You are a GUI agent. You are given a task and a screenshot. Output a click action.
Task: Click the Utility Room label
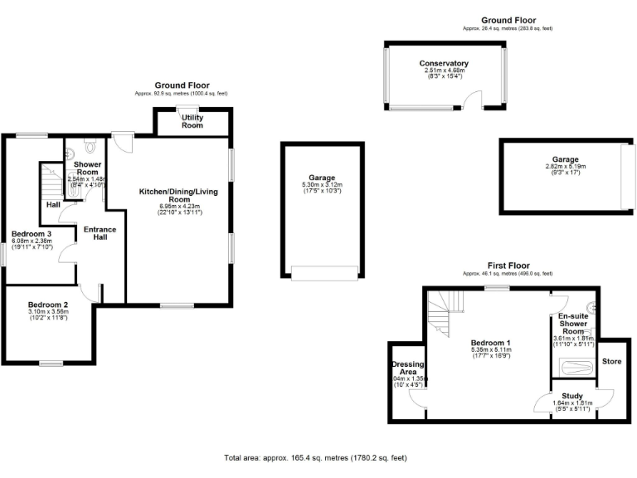pos(192,122)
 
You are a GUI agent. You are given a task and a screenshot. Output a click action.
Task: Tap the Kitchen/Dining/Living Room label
pos(177,196)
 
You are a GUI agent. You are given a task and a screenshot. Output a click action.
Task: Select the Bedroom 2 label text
pos(47,305)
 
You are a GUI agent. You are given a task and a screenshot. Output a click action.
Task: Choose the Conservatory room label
pos(444,64)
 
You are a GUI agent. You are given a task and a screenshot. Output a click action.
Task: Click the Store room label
pos(611,362)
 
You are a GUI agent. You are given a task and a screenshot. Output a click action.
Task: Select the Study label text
pos(572,397)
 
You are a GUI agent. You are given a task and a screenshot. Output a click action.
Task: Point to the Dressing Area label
pos(407,368)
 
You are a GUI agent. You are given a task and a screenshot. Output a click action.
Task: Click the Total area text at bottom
pos(315,457)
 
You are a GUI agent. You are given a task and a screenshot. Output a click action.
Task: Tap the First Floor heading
pos(508,266)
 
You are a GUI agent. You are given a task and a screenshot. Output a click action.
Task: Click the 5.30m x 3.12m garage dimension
pos(321,185)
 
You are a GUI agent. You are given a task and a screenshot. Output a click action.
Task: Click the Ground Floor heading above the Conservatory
pos(508,20)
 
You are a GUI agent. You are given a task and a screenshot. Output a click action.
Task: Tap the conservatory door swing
pos(471,101)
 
